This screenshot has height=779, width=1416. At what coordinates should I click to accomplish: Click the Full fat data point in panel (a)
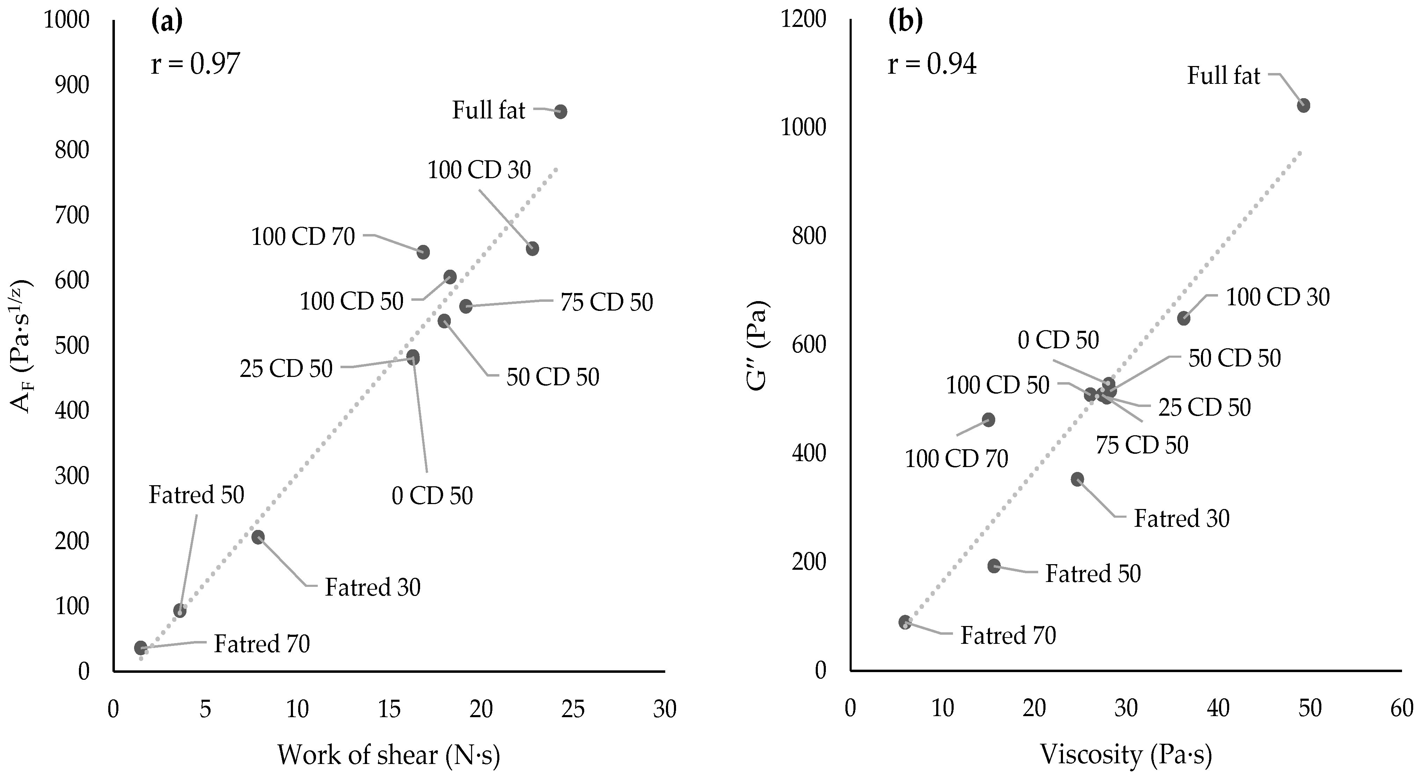tap(560, 111)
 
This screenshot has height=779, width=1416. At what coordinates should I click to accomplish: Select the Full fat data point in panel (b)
tap(1303, 105)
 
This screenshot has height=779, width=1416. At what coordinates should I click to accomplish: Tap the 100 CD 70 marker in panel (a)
tap(423, 252)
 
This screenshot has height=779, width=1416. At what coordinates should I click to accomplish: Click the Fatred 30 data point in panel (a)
tap(258, 537)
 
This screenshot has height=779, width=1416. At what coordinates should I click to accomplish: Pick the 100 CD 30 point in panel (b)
tap(1183, 318)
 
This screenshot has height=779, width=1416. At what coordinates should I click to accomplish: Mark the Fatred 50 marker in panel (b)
tap(994, 566)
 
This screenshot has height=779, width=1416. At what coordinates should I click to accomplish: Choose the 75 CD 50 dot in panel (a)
tap(465, 306)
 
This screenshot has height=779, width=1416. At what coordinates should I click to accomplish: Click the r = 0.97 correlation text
tap(195, 64)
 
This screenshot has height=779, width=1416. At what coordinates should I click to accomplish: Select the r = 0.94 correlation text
tap(932, 64)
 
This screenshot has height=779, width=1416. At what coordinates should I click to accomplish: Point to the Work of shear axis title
tap(389, 755)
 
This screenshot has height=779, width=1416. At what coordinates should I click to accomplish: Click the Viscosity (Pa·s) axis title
tap(1126, 755)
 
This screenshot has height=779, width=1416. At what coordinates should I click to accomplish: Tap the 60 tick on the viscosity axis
tap(1402, 709)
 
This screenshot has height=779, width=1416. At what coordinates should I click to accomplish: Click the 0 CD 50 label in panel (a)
tap(432, 496)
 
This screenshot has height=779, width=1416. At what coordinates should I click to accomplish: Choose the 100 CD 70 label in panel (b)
tap(956, 459)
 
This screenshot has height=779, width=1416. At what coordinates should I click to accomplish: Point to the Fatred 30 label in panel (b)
tap(1182, 518)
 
